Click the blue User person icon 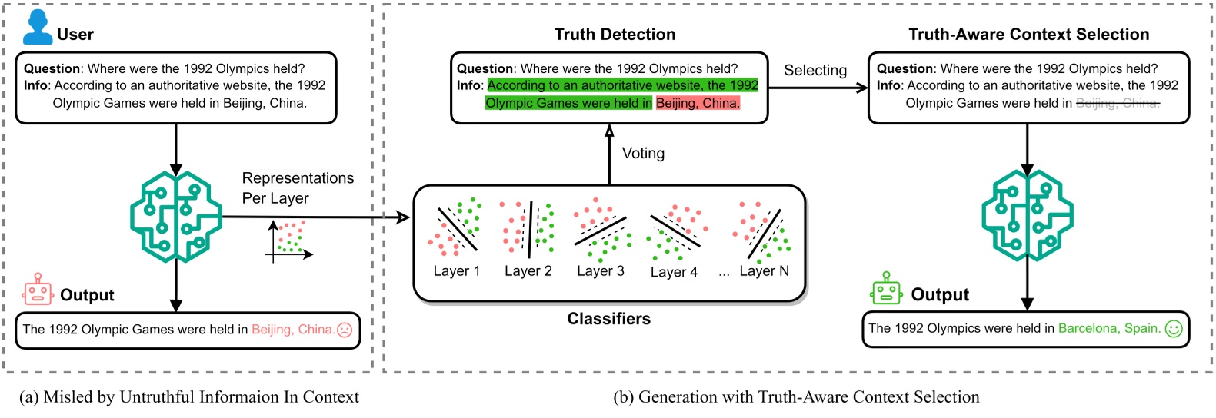(37, 28)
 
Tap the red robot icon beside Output (38, 290)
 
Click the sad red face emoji (345, 330)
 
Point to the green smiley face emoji (1174, 329)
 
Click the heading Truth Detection (615, 35)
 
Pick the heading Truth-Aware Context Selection (1028, 35)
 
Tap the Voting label (643, 153)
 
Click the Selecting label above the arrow (815, 70)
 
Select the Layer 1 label (456, 271)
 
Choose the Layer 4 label (674, 272)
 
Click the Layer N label (764, 271)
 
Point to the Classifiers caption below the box (608, 319)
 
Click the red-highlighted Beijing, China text (698, 103)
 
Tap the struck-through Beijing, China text (1118, 103)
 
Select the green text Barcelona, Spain (1109, 328)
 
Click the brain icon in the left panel (176, 217)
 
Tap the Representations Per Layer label (298, 188)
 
